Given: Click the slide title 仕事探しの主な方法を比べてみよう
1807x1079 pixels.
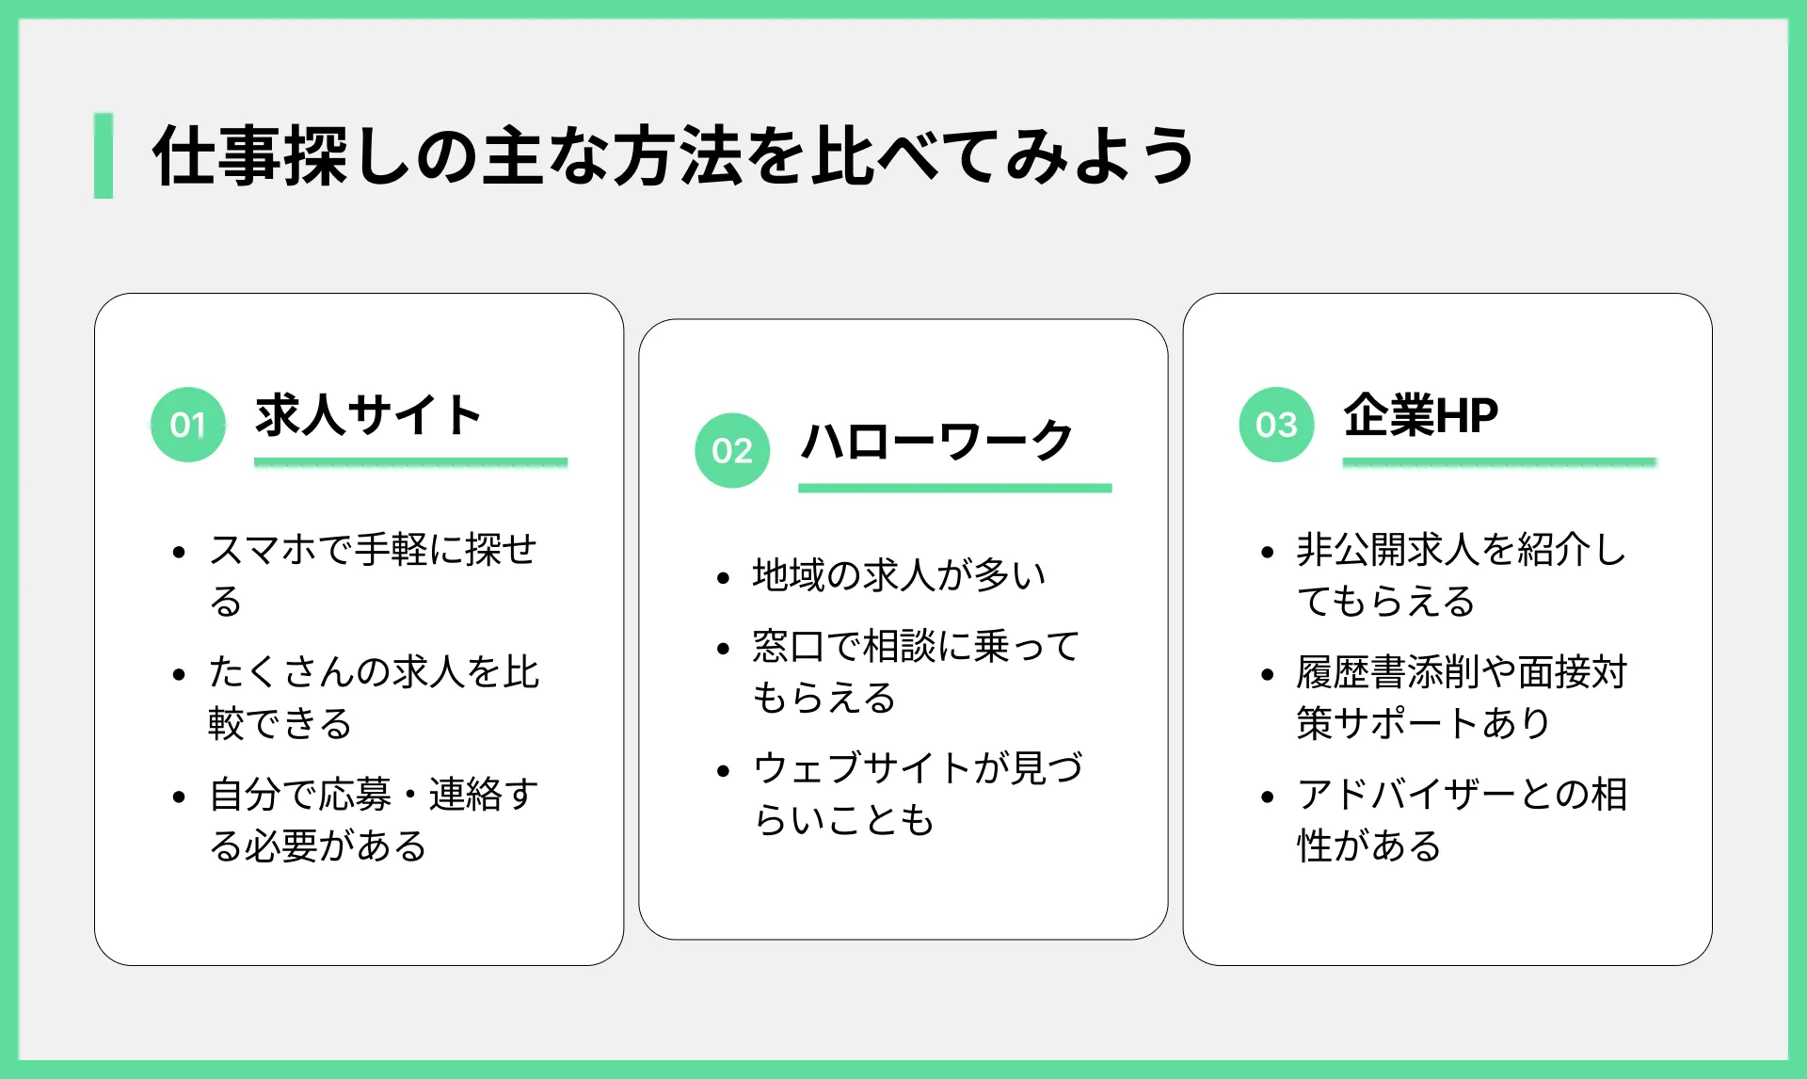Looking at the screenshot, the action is click(x=674, y=155).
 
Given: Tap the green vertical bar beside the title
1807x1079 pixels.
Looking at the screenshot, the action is click(x=104, y=155).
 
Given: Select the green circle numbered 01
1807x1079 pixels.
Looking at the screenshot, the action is click(x=188, y=425).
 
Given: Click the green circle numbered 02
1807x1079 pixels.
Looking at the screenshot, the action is click(x=732, y=450).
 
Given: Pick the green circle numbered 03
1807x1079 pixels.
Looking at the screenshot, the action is click(x=1276, y=425).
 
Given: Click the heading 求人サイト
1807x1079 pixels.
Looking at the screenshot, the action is click(x=368, y=415).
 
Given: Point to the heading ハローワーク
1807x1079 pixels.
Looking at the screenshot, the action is click(x=936, y=441).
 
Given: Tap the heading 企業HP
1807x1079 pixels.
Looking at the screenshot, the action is click(x=1421, y=415).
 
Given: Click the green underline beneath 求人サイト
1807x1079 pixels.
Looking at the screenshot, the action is click(x=410, y=462).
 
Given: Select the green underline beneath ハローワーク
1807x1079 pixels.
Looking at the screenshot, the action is click(x=955, y=488).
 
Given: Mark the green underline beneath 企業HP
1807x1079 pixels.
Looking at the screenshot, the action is click(x=1499, y=462).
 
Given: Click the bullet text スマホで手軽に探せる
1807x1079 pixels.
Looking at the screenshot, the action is click(x=374, y=574).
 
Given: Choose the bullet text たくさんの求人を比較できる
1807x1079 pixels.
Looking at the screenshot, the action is click(x=374, y=697).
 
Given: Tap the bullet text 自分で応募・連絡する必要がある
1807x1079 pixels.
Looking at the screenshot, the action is click(x=374, y=819).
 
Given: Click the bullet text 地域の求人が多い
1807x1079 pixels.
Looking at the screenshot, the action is click(x=899, y=574).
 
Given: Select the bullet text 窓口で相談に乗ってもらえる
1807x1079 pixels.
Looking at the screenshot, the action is click(x=916, y=671).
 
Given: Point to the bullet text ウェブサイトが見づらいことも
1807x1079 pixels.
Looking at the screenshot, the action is click(x=918, y=794).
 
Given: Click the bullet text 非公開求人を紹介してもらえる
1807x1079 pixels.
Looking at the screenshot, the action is click(x=1462, y=574).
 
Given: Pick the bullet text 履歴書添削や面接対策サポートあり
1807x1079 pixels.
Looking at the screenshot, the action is click(x=1462, y=697).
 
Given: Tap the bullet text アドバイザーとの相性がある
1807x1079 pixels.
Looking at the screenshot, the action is click(x=1462, y=819).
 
